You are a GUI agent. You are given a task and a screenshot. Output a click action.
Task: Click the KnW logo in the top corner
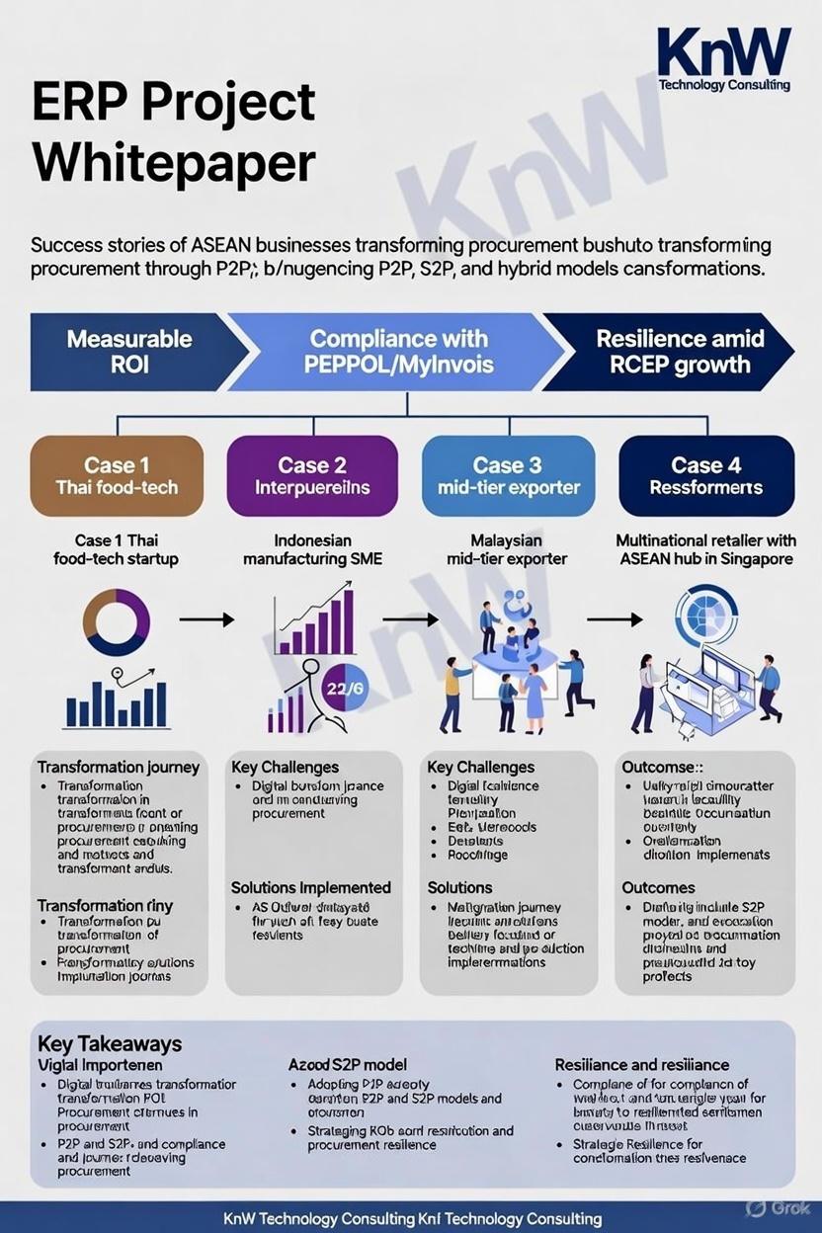click(724, 58)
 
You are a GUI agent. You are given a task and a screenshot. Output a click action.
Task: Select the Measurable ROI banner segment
click(128, 352)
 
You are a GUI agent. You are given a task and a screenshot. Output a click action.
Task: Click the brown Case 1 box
click(117, 475)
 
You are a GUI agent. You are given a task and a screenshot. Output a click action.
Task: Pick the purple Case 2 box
click(312, 475)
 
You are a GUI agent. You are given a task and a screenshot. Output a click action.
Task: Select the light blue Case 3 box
click(508, 475)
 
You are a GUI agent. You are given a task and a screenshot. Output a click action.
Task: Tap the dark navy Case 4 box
click(705, 475)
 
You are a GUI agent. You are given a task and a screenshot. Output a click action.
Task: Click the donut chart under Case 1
click(117, 622)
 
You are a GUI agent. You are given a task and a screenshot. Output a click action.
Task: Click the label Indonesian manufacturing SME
click(312, 550)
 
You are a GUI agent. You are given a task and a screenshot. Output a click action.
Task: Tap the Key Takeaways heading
click(109, 1044)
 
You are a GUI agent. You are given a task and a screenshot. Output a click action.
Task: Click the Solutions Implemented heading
click(310, 887)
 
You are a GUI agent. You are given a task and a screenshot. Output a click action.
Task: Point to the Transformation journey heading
click(119, 767)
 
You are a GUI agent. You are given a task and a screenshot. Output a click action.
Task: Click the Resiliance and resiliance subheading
click(641, 1065)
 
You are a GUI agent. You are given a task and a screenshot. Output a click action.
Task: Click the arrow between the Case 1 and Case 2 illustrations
click(206, 620)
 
